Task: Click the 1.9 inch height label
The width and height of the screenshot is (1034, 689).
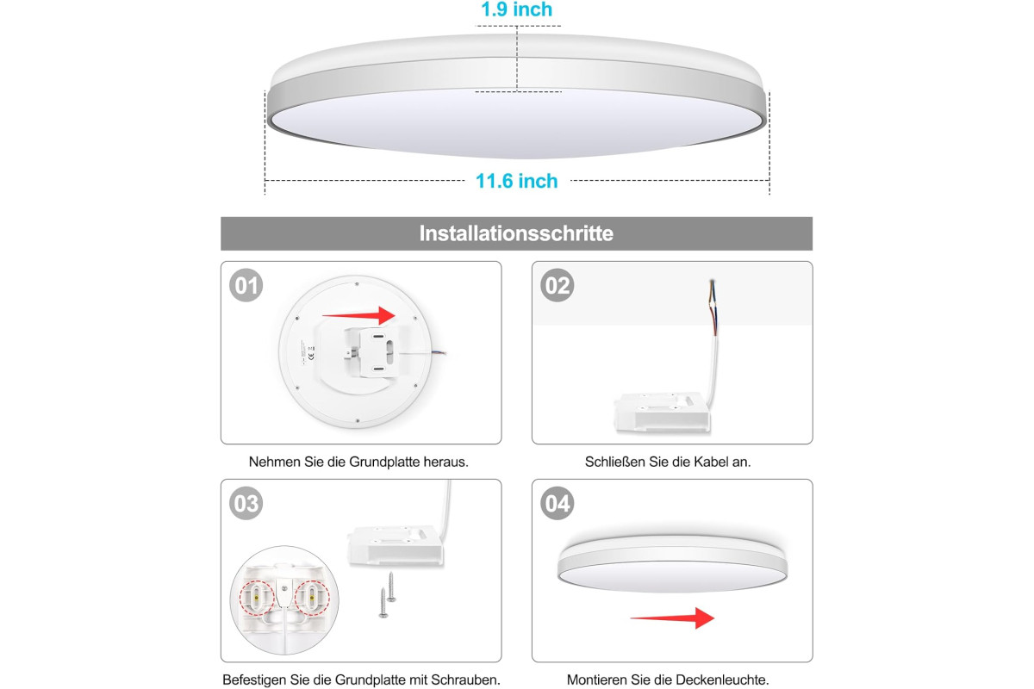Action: tap(516, 9)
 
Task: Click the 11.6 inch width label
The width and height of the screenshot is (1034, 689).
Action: tap(516, 181)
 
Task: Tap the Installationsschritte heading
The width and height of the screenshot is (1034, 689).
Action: tap(516, 233)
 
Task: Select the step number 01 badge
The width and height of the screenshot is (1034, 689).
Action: tap(246, 285)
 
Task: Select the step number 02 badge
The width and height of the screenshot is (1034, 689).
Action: tap(557, 285)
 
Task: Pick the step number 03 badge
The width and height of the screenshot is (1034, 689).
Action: tap(246, 503)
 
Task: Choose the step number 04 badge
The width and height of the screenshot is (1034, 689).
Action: tap(557, 503)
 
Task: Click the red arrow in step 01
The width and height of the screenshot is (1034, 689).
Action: tap(359, 316)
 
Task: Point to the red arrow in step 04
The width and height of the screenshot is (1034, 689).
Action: tap(673, 618)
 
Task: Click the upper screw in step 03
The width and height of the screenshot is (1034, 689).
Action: tap(391, 587)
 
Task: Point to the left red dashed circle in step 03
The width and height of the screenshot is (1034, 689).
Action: tap(257, 598)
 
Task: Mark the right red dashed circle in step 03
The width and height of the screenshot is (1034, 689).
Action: tap(312, 598)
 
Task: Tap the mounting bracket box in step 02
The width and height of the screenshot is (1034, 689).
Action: tap(662, 412)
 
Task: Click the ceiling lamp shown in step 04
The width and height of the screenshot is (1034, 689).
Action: tap(673, 563)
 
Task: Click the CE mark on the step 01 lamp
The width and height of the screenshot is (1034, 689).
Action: tap(311, 357)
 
